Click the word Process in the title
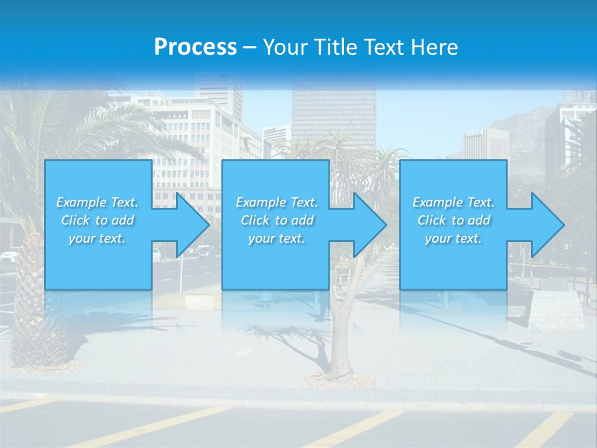[195, 47]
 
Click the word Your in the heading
[287, 47]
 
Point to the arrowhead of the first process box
[193, 225]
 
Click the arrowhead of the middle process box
[370, 225]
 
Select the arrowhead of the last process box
[548, 225]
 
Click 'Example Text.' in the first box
[97, 202]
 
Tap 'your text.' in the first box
[97, 238]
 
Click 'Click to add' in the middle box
[277, 220]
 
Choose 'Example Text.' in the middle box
[277, 202]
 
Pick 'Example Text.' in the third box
[453, 202]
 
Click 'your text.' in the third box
[453, 238]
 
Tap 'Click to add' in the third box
[453, 220]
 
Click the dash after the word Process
[249, 47]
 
